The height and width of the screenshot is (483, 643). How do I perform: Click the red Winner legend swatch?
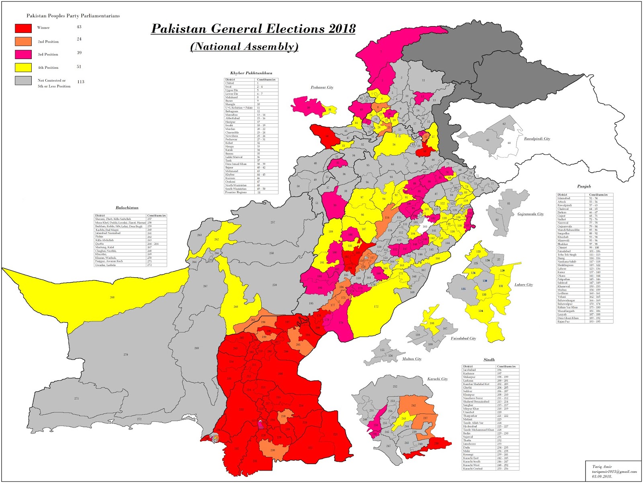(23, 28)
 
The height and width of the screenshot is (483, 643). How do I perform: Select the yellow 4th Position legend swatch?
(23, 67)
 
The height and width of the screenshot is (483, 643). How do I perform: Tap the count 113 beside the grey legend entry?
(81, 82)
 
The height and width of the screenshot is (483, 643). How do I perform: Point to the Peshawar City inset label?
(322, 87)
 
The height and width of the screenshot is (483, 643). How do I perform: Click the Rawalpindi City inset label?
(537, 139)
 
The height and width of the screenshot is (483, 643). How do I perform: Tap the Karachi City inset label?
(437, 379)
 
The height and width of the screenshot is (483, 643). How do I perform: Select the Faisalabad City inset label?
(463, 338)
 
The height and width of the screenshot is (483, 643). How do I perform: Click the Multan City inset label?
(412, 359)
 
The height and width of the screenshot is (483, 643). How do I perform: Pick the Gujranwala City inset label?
(530, 214)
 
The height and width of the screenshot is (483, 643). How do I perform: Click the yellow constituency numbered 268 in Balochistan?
(112, 297)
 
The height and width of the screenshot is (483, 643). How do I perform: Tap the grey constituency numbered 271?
(76, 398)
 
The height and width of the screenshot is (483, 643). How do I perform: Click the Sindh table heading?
(489, 360)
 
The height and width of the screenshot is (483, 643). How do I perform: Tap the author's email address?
(614, 472)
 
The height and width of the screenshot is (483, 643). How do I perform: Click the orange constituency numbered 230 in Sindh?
(272, 450)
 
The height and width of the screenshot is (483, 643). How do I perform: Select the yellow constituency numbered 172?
(376, 307)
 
